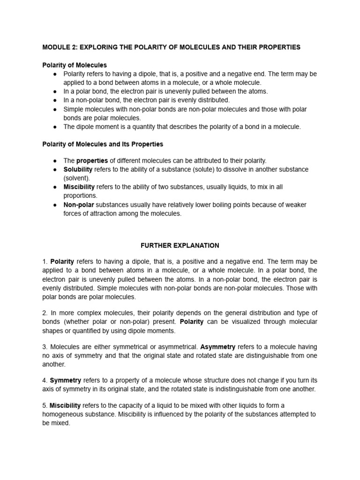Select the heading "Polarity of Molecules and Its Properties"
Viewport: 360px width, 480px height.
[x=103, y=143]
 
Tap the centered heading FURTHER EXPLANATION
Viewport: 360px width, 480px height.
[x=180, y=245]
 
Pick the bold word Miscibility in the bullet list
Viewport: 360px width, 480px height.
[x=79, y=187]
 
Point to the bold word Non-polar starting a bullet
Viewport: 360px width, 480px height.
[x=79, y=205]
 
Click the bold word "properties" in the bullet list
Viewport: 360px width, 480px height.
[x=92, y=161]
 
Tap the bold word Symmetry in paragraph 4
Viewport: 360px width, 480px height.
[x=66, y=380]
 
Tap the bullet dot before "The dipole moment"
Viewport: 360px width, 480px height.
[x=55, y=127]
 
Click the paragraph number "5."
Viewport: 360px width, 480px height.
[x=45, y=405]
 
